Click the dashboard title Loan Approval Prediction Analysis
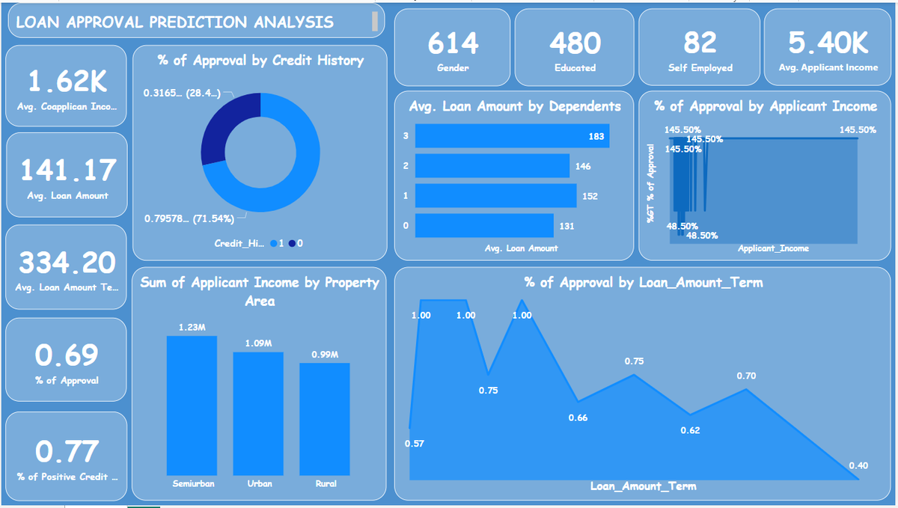(x=174, y=22)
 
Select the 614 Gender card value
(x=453, y=43)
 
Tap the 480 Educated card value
(x=575, y=43)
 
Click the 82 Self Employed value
(x=700, y=43)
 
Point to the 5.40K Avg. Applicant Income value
(x=829, y=43)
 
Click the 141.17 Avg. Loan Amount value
(x=68, y=170)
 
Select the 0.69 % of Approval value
(x=67, y=355)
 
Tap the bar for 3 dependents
(x=512, y=136)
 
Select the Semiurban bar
(x=192, y=405)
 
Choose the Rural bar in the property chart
(x=324, y=418)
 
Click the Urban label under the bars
(x=259, y=484)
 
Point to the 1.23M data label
(x=191, y=328)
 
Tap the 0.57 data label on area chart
(x=414, y=444)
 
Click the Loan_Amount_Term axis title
(x=643, y=486)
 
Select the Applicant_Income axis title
(x=773, y=248)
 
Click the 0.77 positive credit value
(x=67, y=451)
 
